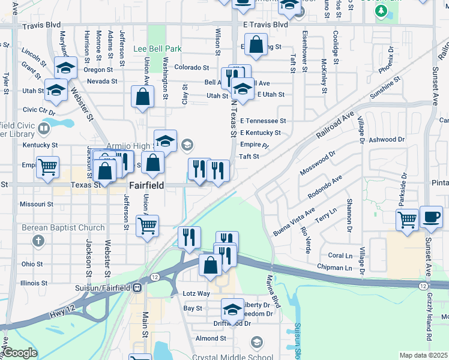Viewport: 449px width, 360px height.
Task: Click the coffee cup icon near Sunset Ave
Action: tap(431, 217)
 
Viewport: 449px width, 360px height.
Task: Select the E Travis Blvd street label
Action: tap(265, 25)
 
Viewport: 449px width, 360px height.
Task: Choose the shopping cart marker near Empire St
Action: tap(47, 168)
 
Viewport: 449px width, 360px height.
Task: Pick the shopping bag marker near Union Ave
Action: tap(142, 98)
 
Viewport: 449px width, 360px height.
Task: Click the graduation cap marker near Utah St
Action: tap(56, 91)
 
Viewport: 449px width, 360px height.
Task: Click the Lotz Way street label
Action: tap(196, 293)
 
